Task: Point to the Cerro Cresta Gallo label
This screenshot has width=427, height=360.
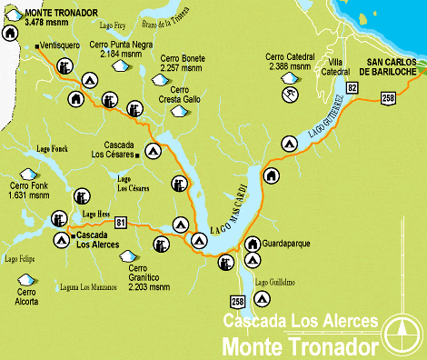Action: point(179,95)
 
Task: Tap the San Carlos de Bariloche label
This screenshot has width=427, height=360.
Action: point(391,66)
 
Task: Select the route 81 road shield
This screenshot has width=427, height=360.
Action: point(121,221)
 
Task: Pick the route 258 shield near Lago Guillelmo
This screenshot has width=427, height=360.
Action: point(238,300)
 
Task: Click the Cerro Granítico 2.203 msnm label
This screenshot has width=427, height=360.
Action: point(149,277)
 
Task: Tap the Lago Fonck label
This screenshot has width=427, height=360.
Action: point(52,147)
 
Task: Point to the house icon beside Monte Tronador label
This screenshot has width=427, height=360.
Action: point(10,33)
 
